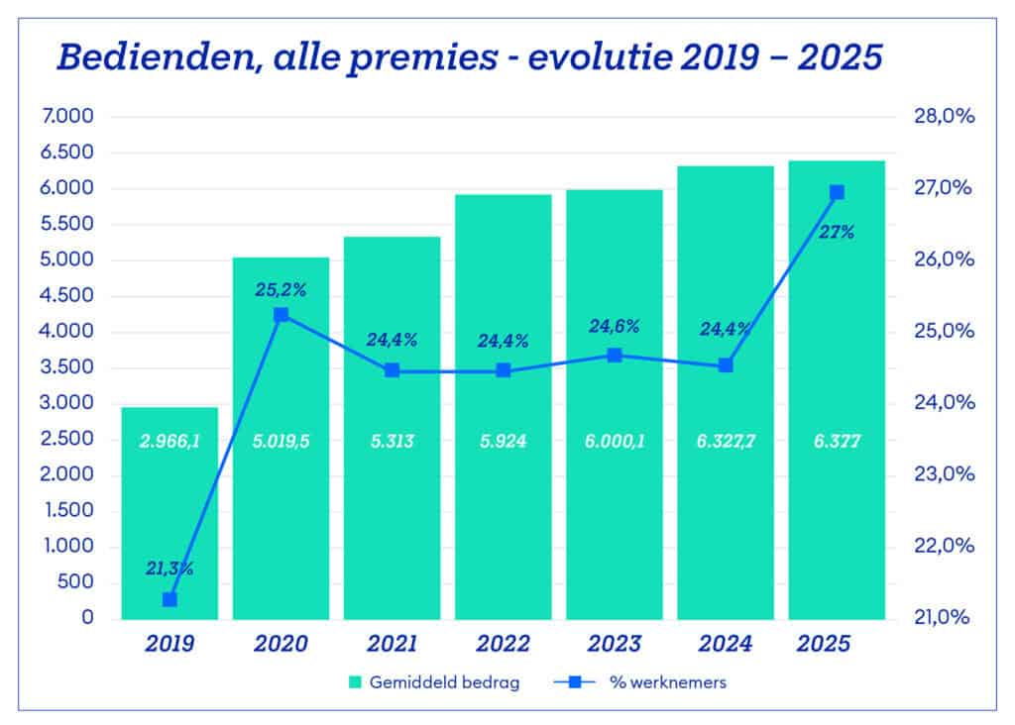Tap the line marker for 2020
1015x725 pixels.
281,315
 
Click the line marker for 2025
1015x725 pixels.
837,192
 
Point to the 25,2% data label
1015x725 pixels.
281,291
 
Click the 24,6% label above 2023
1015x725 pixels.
615,326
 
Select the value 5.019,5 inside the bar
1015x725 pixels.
281,442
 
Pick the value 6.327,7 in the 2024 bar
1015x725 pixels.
726,442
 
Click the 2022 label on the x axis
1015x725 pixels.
504,645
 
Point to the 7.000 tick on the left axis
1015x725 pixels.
68,117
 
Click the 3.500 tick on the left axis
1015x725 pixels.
68,367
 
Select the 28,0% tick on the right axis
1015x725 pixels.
942,117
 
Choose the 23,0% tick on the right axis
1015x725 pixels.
942,474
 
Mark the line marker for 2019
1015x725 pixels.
169,599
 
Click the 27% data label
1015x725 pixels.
837,234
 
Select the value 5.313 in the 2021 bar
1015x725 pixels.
393,442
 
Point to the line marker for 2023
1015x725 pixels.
615,356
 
